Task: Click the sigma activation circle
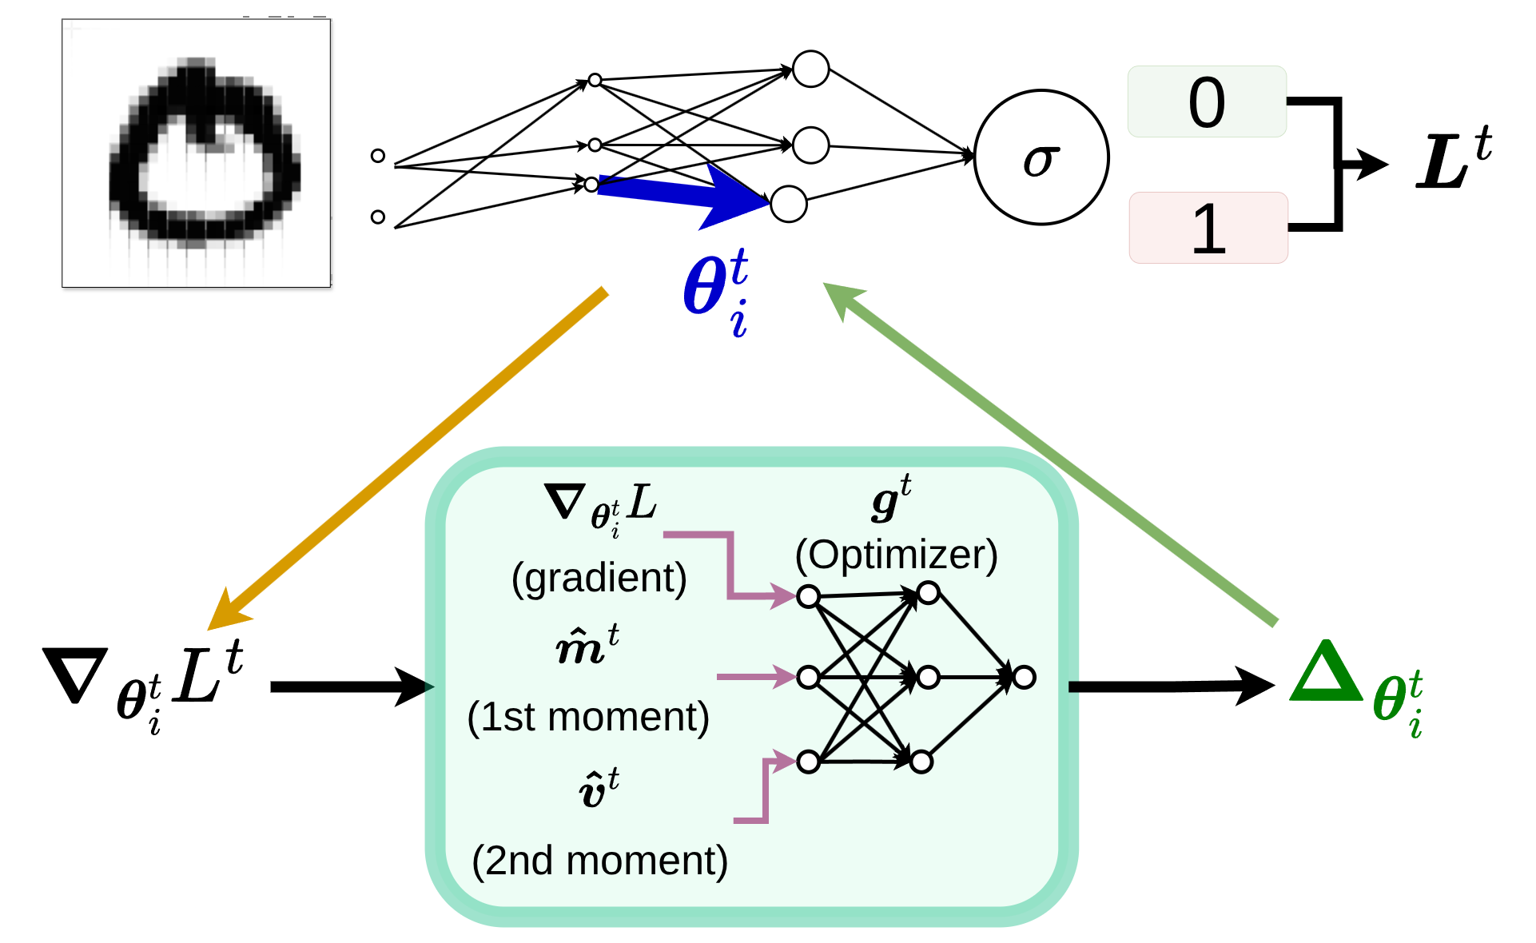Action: (x=1041, y=157)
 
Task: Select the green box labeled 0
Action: (x=1207, y=101)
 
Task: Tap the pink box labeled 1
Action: (x=1208, y=228)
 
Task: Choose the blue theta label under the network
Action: (x=716, y=292)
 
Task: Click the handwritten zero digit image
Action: (x=197, y=153)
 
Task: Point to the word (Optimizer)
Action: (x=896, y=555)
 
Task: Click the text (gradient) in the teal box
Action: (x=599, y=578)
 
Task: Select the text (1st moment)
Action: (x=588, y=717)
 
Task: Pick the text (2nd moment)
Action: (x=599, y=861)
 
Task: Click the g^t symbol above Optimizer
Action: (x=890, y=500)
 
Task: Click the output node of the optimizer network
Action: (x=1024, y=678)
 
